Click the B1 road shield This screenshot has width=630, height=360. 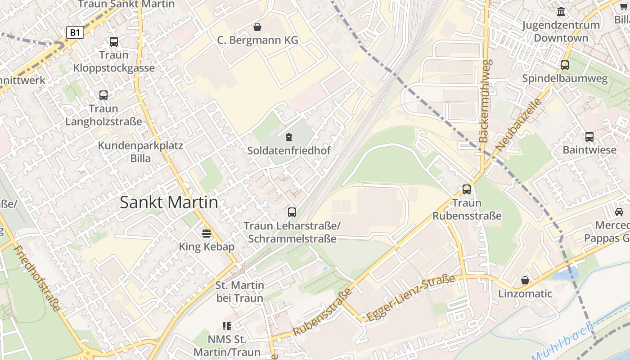point(75,32)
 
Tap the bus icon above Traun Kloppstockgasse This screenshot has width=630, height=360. point(114,42)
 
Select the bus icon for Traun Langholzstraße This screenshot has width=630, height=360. point(103,95)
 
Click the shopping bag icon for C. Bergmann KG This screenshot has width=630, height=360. point(257,27)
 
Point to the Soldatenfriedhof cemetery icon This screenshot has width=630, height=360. point(288,137)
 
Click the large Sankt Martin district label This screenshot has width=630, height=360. point(169,202)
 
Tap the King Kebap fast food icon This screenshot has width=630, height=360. point(207,233)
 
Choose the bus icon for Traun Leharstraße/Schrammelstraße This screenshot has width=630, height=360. point(292,212)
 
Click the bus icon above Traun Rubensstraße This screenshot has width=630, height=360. point(467,189)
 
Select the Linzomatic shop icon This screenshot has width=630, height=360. point(525,280)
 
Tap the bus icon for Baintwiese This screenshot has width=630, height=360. point(589,136)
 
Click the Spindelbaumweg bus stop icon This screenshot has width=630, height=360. point(565,65)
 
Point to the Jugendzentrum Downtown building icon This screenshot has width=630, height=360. point(561,11)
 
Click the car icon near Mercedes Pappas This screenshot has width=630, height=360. point(619,211)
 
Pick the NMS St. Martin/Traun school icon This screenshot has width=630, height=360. point(227,326)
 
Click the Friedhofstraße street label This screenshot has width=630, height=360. point(37,279)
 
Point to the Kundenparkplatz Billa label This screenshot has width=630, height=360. point(140,152)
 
